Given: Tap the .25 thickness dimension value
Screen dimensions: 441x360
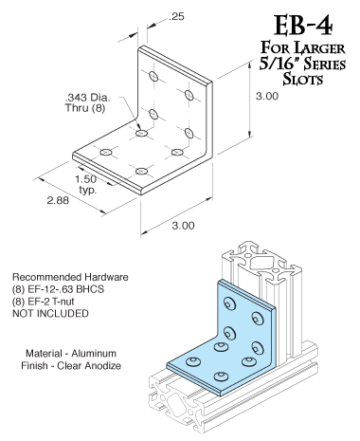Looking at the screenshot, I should tap(176, 17).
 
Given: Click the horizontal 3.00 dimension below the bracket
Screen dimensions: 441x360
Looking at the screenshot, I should tap(183, 225).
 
